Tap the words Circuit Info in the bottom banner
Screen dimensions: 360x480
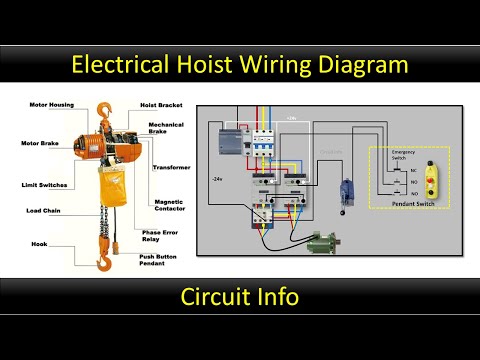[x=239, y=297]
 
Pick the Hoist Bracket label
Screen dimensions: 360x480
[x=162, y=104]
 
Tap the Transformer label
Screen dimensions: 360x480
[x=171, y=167]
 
